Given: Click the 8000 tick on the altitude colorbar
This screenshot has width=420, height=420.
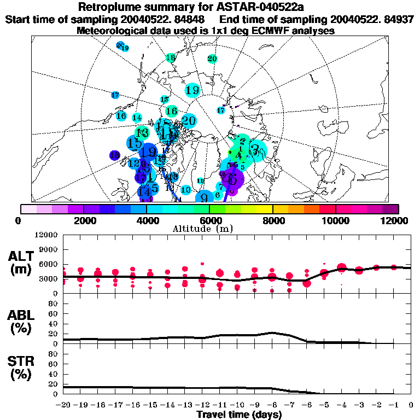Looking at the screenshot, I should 272,220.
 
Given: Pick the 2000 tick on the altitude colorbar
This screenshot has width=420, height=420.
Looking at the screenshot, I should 83,220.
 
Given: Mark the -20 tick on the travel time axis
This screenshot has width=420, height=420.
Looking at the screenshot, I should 64,405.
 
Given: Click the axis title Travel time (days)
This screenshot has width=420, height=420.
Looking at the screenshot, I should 239,415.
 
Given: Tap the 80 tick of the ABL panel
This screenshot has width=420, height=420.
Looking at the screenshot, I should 54,304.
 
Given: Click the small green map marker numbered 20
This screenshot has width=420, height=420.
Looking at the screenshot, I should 212,59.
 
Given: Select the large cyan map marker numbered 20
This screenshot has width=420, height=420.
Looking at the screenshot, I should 189,120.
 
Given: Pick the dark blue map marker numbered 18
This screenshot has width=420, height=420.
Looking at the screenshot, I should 115,155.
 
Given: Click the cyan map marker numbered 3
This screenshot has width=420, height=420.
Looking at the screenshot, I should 255,148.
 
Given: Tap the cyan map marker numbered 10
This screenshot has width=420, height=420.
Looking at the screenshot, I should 186,190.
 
